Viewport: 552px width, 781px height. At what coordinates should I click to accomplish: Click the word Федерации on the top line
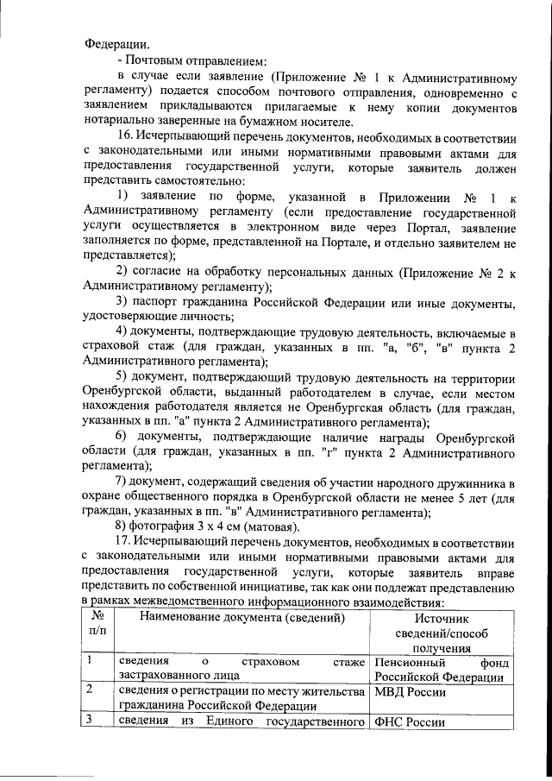pyautogui.click(x=115, y=43)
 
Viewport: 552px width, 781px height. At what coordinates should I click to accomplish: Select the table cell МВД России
pyautogui.click(x=410, y=691)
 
